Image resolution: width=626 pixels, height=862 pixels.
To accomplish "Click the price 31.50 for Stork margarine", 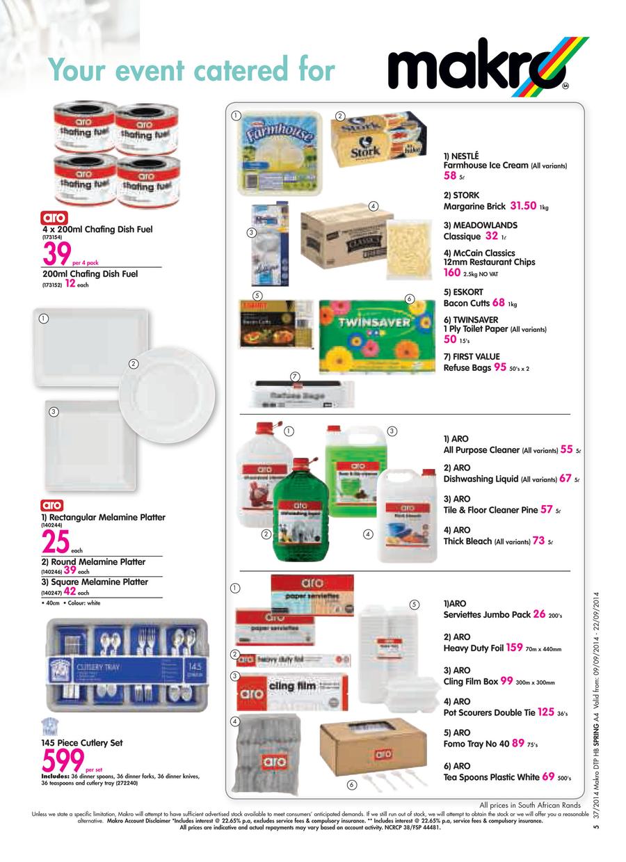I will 523,206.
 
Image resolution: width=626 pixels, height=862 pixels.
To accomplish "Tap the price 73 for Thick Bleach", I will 538,541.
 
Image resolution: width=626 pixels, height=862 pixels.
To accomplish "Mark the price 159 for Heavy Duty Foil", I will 514,648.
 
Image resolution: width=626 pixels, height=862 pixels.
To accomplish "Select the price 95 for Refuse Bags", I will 499,368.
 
